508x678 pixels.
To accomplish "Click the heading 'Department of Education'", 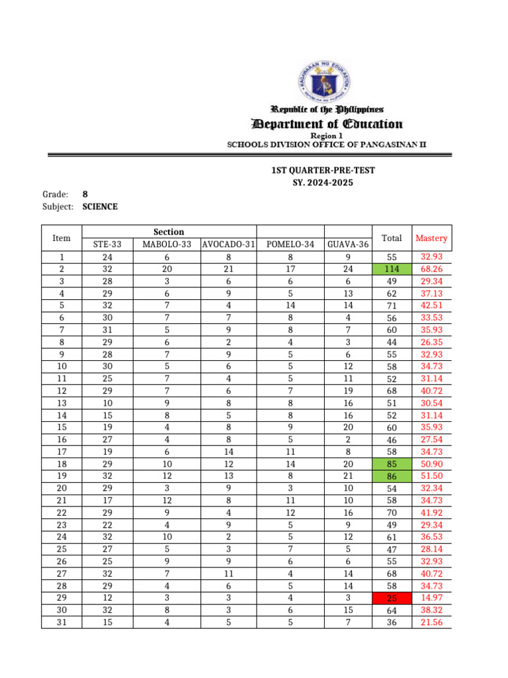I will point(327,124).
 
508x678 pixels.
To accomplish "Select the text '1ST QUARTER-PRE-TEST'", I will point(323,170).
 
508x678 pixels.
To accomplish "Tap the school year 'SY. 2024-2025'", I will point(323,182).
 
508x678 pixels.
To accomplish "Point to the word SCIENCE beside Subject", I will point(100,207).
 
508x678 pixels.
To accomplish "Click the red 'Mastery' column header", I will point(431,238).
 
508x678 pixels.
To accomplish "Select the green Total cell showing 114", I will point(392,269).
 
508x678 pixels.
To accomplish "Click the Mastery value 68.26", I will point(431,269).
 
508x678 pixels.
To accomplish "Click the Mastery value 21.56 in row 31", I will point(431,622).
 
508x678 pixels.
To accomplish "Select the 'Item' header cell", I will point(61,238).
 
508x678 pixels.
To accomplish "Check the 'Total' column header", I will point(392,238).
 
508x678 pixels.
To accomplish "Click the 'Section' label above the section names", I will point(169,232).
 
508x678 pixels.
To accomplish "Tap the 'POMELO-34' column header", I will point(290,245).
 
